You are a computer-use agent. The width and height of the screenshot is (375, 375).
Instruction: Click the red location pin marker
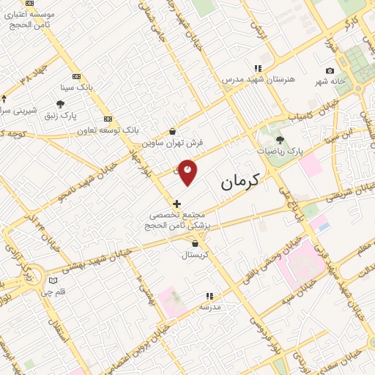coord(188,171)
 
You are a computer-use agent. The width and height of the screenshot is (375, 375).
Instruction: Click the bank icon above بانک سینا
coord(77,76)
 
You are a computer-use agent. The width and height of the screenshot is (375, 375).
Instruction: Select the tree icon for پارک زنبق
coord(60,104)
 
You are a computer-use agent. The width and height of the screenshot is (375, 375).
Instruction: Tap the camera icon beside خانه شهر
coord(330,70)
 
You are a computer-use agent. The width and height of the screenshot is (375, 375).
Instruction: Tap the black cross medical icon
coord(177,203)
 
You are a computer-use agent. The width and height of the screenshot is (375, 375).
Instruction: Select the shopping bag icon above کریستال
coord(194,244)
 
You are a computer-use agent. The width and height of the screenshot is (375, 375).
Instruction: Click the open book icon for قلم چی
coord(52,280)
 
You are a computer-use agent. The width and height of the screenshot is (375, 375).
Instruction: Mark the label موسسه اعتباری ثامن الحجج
coord(29,19)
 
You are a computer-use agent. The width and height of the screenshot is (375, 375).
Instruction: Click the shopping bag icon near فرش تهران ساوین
coord(172,132)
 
